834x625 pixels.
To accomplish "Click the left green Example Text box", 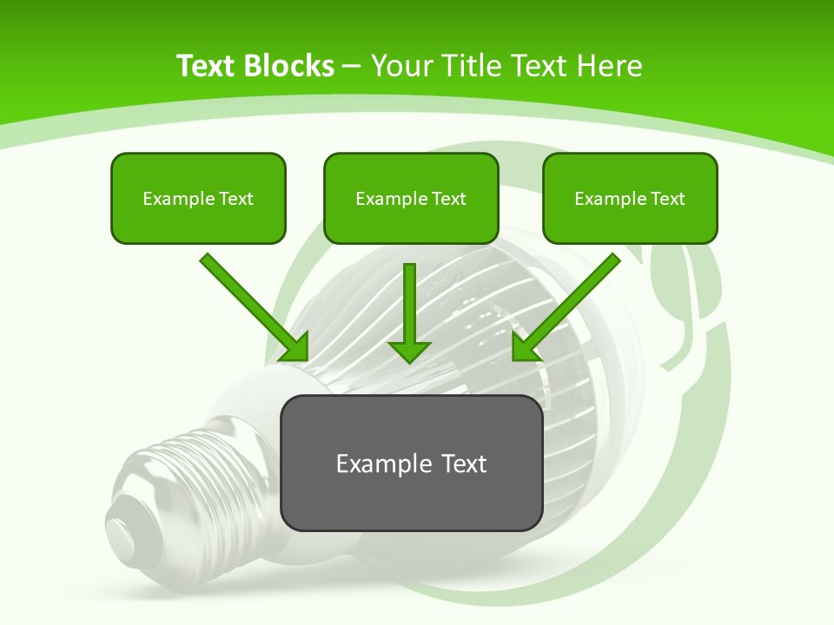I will pyautogui.click(x=198, y=198).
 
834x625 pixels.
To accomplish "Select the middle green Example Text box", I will pyautogui.click(x=411, y=198).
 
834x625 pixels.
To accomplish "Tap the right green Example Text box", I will pyautogui.click(x=630, y=198).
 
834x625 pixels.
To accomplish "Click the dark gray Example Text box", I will pyautogui.click(x=411, y=463).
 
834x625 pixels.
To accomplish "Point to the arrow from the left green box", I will pyautogui.click(x=252, y=305).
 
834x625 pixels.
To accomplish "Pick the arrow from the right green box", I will pyautogui.click(x=569, y=305).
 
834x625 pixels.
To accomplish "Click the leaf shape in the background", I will pyautogui.click(x=686, y=295).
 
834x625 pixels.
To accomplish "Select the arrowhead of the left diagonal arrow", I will pyautogui.click(x=296, y=348).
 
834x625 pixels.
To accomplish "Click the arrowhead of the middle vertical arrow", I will pyautogui.click(x=409, y=351).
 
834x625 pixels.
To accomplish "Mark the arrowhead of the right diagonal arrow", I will pyautogui.click(x=525, y=348).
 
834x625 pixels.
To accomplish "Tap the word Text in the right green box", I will pyautogui.click(x=668, y=199).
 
